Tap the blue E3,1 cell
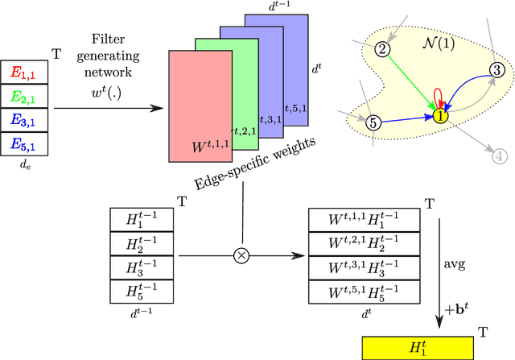click(27, 121)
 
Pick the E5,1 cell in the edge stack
click(27, 144)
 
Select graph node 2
click(384, 49)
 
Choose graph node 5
click(373, 123)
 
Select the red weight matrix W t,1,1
click(201, 105)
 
